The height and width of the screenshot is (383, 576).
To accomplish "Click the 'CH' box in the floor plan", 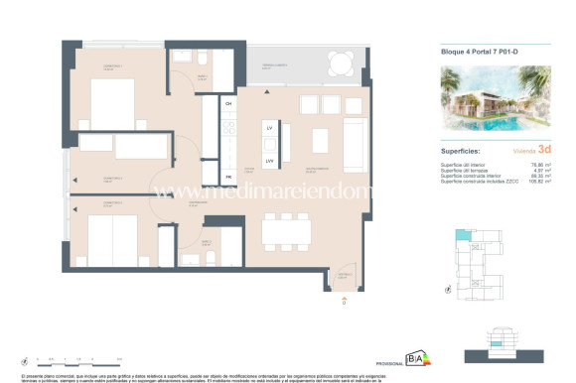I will tap(227, 103).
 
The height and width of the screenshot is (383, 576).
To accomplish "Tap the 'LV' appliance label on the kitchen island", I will tap(269, 129).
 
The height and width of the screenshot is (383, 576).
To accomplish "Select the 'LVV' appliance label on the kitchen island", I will tap(269, 160).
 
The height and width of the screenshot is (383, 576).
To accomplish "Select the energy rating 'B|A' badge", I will tap(414, 360).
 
